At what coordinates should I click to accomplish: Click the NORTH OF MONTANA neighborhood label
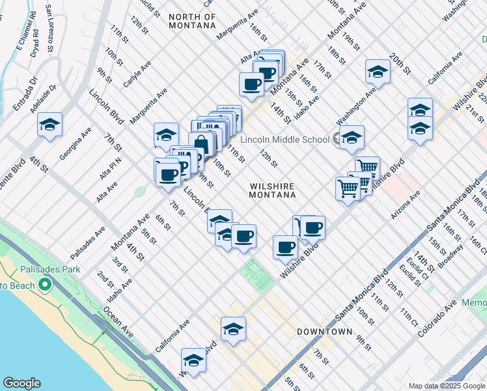point(191,21)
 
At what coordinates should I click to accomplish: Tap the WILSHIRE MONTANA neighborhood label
point(273,190)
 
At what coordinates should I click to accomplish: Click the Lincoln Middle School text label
point(285,139)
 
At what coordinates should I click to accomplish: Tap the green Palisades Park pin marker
point(44,285)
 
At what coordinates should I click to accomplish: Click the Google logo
point(21,383)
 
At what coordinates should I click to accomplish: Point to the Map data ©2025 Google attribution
point(447,386)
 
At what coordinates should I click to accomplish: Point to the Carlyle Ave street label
point(137,74)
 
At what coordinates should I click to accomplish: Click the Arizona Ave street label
point(406,206)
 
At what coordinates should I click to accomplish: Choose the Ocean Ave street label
point(118,323)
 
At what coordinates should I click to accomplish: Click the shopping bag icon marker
point(201,143)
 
